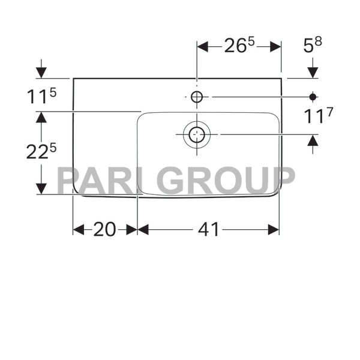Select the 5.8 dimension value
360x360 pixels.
(316, 46)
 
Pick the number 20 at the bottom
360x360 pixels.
(104, 229)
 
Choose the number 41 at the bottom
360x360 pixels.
(208, 229)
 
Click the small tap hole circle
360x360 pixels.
(197, 96)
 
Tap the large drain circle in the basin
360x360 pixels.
(197, 134)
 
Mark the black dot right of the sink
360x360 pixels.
(313, 96)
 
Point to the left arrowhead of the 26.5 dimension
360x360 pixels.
(202, 47)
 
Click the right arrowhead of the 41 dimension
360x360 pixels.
(274, 229)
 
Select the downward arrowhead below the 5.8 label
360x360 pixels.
(313, 72)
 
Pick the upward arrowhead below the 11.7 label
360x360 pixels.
(313, 140)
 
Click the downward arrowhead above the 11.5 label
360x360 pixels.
(41, 72)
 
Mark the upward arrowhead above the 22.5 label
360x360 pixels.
(41, 118)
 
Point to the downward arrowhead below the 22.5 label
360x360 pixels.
(41, 188)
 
